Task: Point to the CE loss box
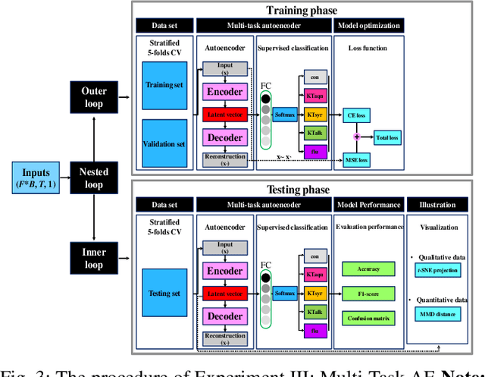pos(355,115)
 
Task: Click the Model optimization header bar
pos(367,25)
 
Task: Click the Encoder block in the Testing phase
pos(225,272)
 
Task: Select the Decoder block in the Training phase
pos(225,138)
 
